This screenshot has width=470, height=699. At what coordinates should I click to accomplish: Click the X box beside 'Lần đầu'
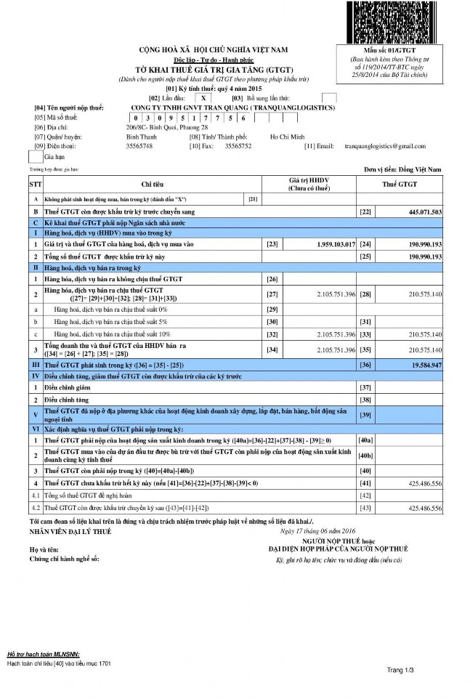[206, 97]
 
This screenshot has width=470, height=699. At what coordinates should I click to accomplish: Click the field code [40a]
[366, 440]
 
